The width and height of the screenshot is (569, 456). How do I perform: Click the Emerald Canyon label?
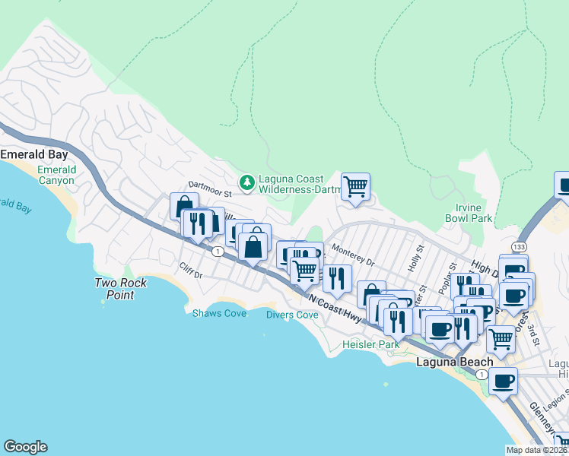57,175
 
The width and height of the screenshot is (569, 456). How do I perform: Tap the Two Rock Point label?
121,288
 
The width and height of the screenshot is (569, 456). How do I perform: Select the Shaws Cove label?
219,313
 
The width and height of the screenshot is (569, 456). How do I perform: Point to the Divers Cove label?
292,315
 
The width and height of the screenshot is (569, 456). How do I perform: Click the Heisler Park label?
371,344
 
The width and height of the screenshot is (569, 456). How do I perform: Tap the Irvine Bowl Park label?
469,213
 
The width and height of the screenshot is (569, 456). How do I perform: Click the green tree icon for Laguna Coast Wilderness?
246,182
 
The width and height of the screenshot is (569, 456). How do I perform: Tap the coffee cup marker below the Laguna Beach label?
503,381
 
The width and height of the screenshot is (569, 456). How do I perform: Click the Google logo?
25,447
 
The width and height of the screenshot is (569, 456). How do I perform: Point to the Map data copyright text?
537,450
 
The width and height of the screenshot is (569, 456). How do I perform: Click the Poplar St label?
449,274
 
